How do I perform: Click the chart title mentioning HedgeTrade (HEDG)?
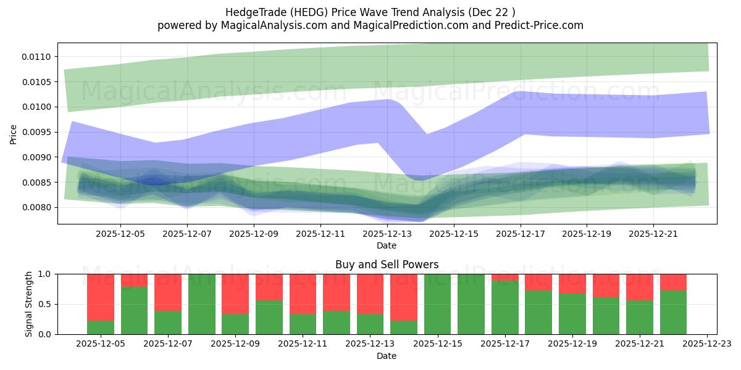pos(370,12)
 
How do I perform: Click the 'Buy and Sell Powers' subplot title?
pos(387,265)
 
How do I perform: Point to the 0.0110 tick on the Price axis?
pos(39,57)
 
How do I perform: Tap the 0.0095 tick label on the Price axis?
pos(39,132)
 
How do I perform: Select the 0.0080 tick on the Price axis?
pos(39,207)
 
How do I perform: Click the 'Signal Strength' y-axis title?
pos(29,304)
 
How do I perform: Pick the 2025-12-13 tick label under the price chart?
pos(387,234)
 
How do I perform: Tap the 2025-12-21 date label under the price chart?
pos(654,234)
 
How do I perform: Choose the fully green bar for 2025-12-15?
pos(438,304)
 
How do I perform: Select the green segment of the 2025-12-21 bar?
pos(640,318)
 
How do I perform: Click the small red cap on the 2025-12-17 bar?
pos(505,277)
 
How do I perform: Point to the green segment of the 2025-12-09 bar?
pos(235,324)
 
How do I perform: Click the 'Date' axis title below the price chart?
pos(387,245)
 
